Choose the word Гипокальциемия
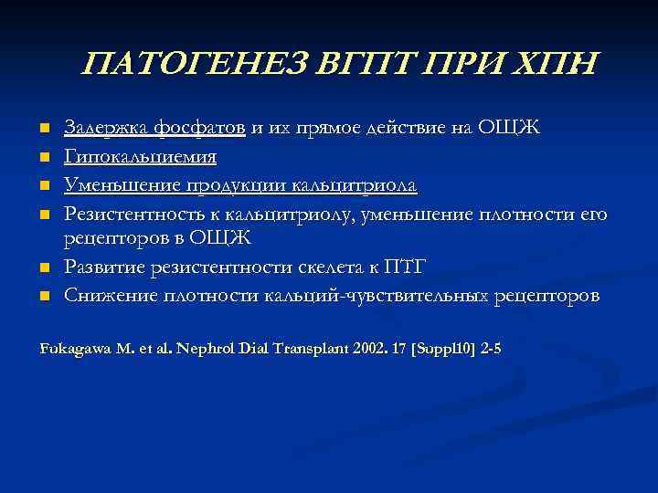click(140, 157)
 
